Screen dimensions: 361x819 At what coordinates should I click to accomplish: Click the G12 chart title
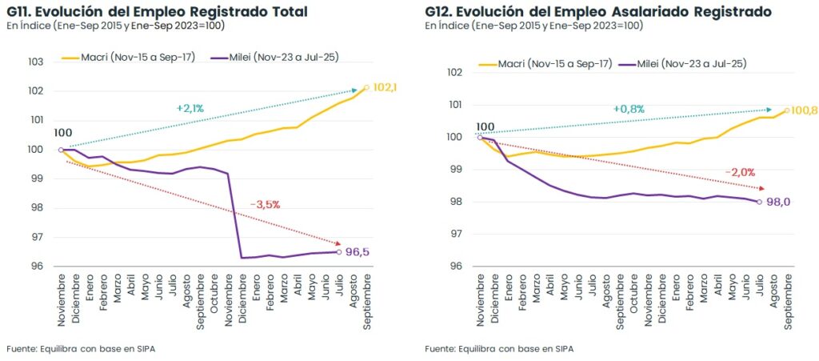598,11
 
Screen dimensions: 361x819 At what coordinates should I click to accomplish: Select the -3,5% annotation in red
265,204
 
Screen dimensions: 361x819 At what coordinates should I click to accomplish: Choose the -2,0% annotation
739,172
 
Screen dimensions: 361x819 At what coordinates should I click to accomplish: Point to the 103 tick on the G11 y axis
36,62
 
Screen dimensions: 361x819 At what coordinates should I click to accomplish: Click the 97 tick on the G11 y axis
36,237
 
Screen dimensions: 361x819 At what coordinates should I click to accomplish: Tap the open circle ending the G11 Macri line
366,87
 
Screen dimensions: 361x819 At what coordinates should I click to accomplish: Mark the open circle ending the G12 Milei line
758,202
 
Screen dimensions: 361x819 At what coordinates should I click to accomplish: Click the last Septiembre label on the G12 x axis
788,301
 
